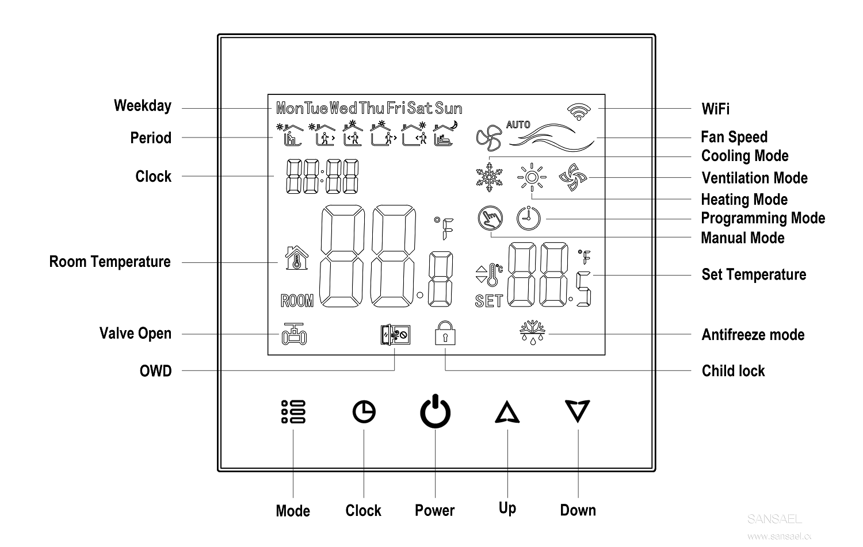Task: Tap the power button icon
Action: pyautogui.click(x=435, y=411)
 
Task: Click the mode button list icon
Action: pyautogui.click(x=293, y=412)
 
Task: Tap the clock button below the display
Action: pyautogui.click(x=364, y=412)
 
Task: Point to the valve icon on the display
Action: pyautogui.click(x=294, y=334)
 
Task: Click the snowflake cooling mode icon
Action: pyautogui.click(x=489, y=178)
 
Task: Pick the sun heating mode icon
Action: pyautogui.click(x=531, y=178)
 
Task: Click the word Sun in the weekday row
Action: pyautogui.click(x=448, y=108)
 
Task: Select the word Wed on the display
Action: pyautogui.click(x=343, y=108)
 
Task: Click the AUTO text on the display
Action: pyautogui.click(x=518, y=124)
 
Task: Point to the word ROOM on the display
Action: pyautogui.click(x=297, y=300)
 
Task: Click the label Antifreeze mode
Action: pyautogui.click(x=753, y=335)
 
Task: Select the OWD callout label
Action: pyautogui.click(x=156, y=371)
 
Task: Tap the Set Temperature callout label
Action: pyautogui.click(x=754, y=275)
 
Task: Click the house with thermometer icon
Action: pyautogui.click(x=297, y=258)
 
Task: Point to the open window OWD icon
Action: pyautogui.click(x=395, y=334)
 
